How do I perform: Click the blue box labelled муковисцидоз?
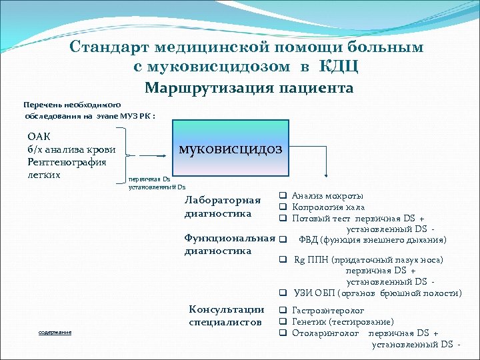click(x=229, y=148)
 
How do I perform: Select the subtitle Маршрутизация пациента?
click(x=249, y=88)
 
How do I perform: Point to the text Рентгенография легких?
click(x=67, y=168)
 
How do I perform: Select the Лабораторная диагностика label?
click(x=222, y=207)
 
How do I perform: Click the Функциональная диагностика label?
click(x=229, y=245)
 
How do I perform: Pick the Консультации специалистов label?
click(x=226, y=316)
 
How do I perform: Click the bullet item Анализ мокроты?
click(x=327, y=196)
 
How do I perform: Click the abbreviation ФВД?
click(x=309, y=240)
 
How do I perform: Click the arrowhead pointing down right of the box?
click(x=326, y=175)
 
